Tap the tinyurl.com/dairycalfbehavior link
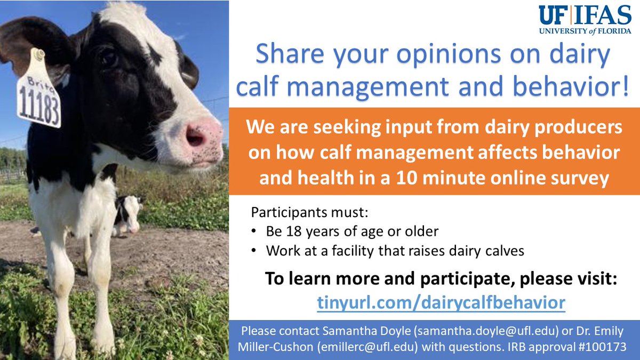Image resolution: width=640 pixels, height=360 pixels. [x=441, y=302]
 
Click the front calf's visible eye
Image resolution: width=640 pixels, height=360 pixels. [x=110, y=57]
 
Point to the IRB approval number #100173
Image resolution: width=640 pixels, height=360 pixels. [x=601, y=346]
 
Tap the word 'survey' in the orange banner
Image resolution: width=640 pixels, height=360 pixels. [x=581, y=178]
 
